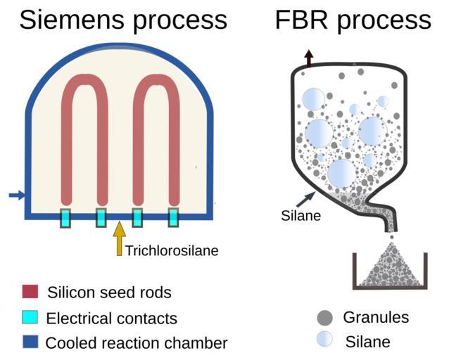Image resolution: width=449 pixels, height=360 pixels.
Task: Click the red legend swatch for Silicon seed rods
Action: pyautogui.click(x=30, y=292)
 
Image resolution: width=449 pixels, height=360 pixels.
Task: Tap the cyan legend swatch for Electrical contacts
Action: pyautogui.click(x=30, y=318)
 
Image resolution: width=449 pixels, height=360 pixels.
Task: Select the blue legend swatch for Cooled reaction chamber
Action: pyautogui.click(x=30, y=343)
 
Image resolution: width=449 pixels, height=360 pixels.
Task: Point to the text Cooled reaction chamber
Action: pyautogui.click(x=137, y=343)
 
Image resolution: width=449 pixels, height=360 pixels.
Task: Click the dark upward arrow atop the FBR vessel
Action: pyautogui.click(x=308, y=58)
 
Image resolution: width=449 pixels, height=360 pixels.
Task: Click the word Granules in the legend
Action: pyautogui.click(x=375, y=317)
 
